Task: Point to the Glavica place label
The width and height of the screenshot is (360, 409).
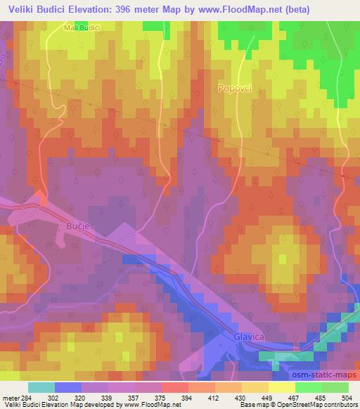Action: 247,338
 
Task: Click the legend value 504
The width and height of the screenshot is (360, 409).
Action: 346,396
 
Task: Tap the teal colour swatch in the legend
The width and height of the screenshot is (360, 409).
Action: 41,387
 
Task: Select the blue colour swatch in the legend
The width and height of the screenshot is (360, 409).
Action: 68,387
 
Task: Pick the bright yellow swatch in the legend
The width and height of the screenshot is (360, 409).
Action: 281,387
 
